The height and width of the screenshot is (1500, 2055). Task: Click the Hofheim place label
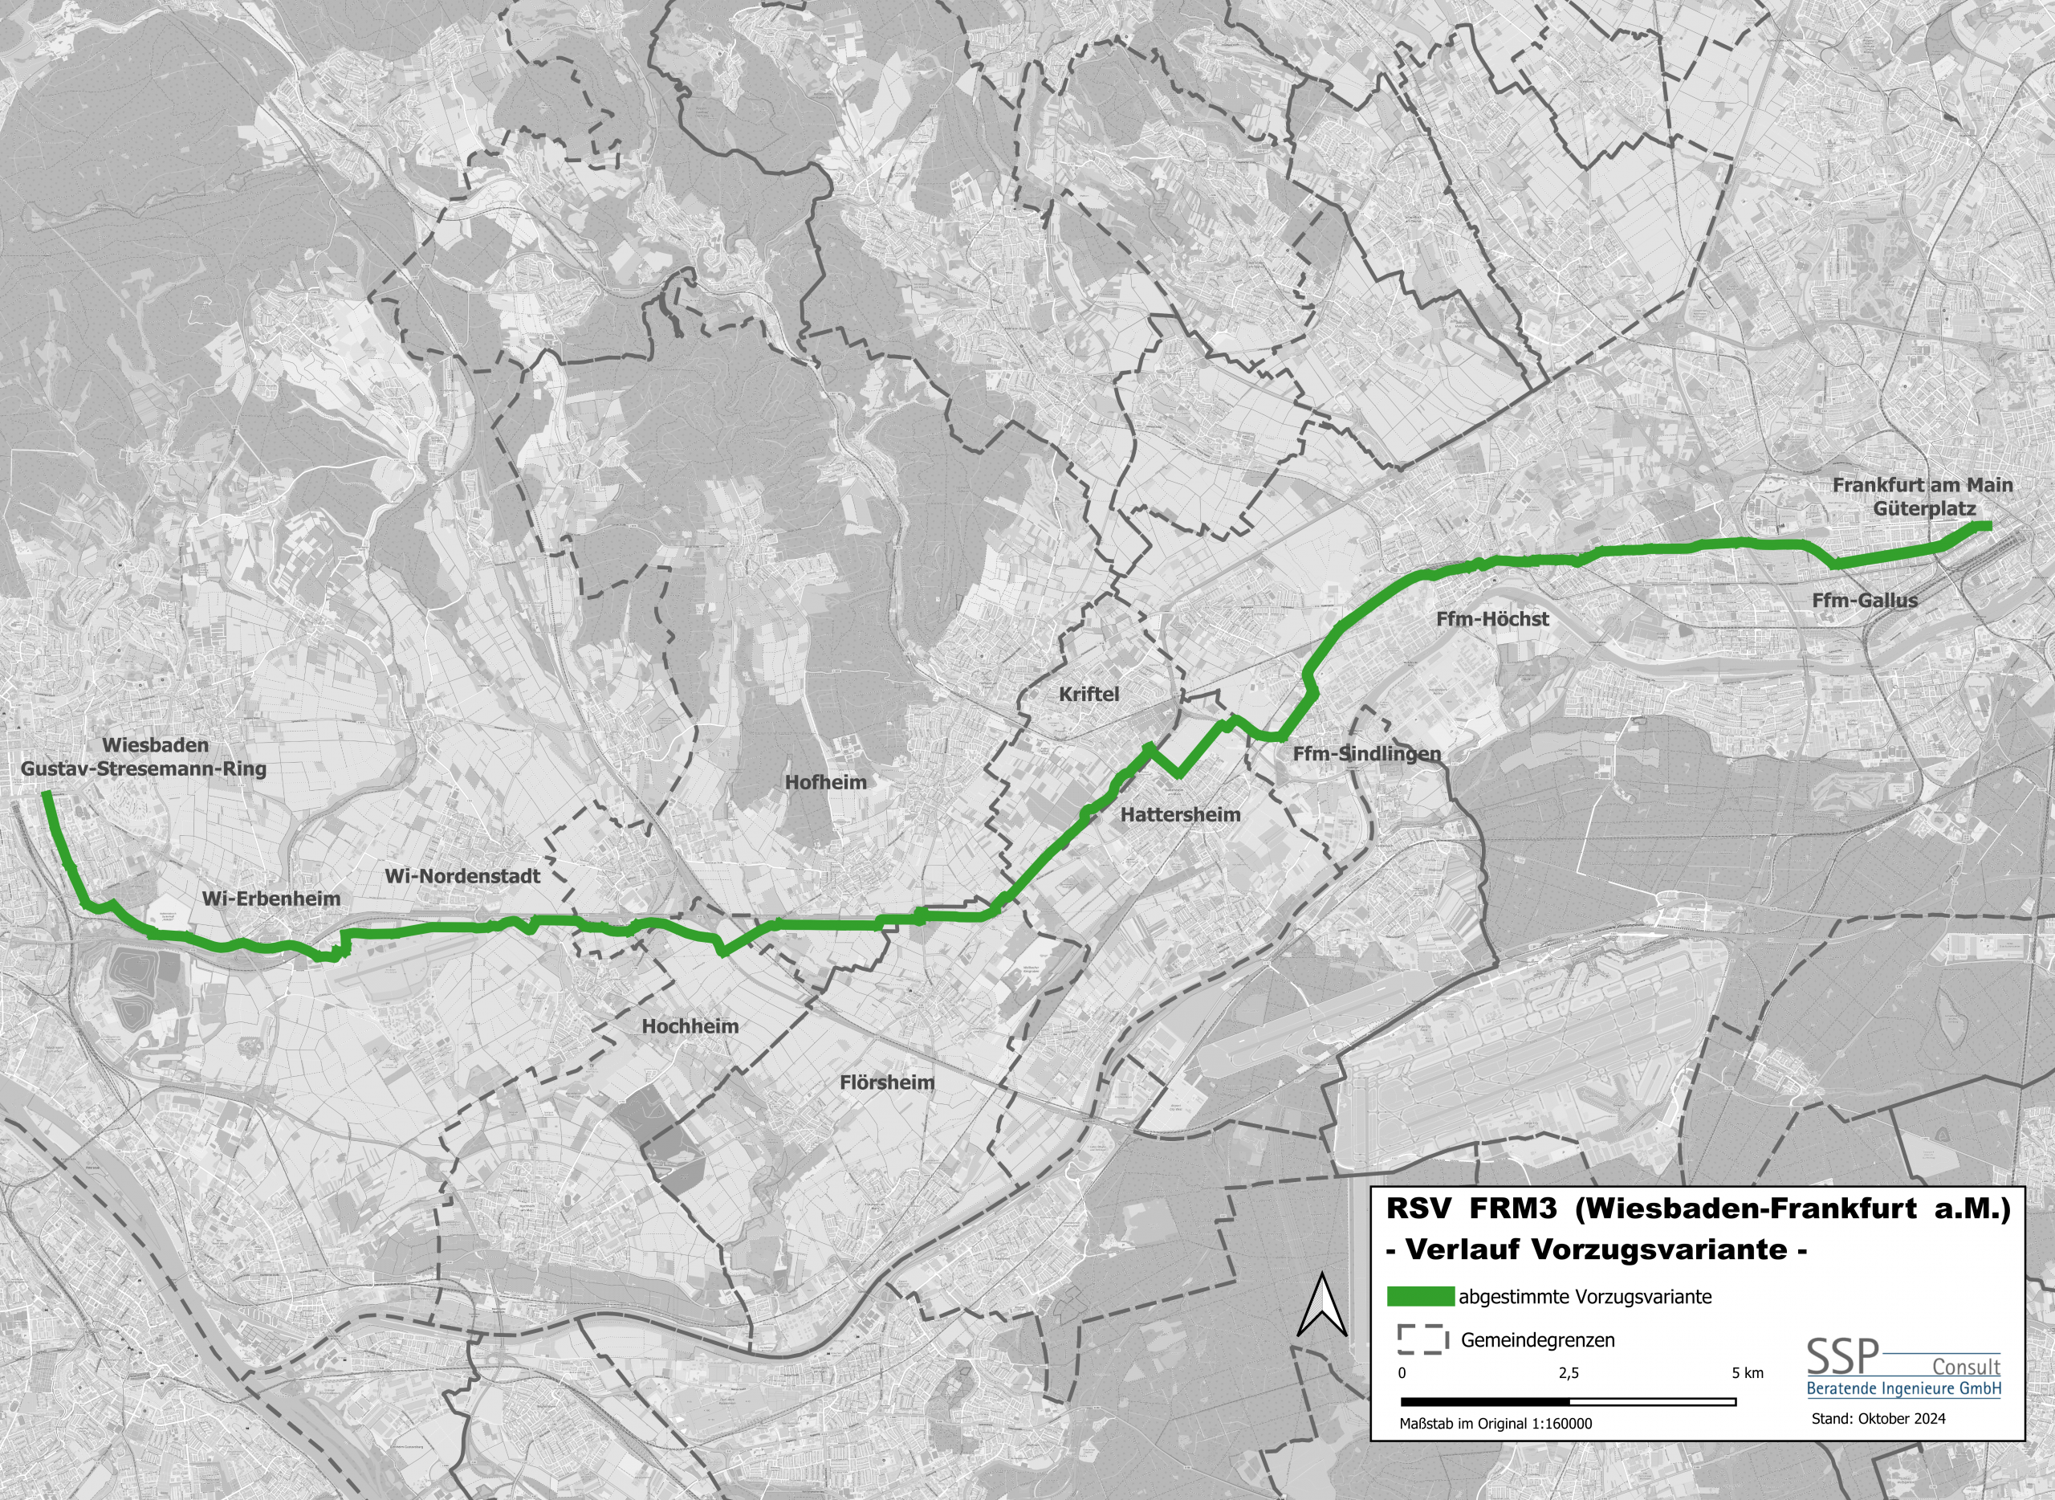[825, 782]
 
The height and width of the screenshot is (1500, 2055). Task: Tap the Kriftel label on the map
[1089, 694]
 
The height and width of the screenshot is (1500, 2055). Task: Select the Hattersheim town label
[1180, 814]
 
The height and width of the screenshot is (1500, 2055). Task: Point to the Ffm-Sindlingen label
[1366, 754]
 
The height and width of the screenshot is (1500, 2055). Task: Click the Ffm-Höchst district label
[1492, 619]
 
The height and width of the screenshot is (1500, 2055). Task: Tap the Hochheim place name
[690, 1026]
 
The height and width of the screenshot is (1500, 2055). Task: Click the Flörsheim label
[887, 1082]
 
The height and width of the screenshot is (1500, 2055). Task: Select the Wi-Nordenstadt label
[462, 876]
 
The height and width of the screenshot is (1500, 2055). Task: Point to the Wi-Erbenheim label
[271, 898]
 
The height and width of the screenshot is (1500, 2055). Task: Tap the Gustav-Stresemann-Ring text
[144, 769]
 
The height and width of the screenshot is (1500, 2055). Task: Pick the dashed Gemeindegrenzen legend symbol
[1422, 1339]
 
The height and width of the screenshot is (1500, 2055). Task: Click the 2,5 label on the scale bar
[1569, 1373]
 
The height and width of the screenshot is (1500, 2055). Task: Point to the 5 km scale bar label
[1747, 1373]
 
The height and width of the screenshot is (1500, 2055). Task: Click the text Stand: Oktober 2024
[1878, 1418]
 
